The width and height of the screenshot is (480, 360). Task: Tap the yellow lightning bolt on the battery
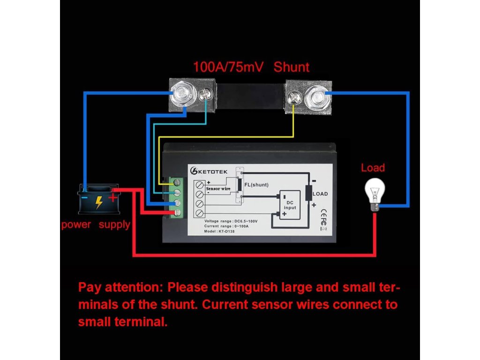click(x=99, y=202)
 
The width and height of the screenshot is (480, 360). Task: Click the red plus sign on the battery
click(x=113, y=198)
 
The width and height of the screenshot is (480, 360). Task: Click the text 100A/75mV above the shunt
click(x=228, y=67)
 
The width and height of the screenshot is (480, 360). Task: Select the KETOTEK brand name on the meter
click(x=213, y=171)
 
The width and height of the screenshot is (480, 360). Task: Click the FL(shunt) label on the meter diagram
click(x=256, y=185)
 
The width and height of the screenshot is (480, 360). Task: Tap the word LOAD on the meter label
click(x=320, y=194)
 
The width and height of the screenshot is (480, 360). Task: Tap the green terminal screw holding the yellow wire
click(x=178, y=182)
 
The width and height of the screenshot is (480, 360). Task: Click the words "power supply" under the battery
click(x=96, y=225)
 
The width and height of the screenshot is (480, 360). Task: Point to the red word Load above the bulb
click(x=373, y=168)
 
